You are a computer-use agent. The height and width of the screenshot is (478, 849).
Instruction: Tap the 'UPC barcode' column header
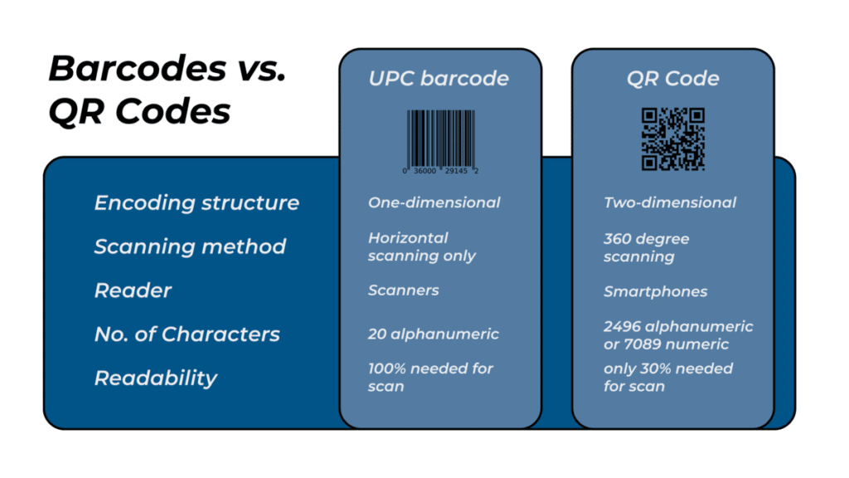(439, 79)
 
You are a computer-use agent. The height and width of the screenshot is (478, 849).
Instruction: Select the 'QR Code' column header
(672, 79)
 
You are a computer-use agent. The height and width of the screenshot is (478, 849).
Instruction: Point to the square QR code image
(672, 139)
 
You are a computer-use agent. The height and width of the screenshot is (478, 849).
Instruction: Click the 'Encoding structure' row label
(196, 202)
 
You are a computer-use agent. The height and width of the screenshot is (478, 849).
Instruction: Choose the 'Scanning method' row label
(190, 246)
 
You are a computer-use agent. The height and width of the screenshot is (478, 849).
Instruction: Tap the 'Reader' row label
(133, 290)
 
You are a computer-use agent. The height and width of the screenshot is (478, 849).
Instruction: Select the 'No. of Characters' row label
(187, 334)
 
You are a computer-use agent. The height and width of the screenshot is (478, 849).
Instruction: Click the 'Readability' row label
(156, 378)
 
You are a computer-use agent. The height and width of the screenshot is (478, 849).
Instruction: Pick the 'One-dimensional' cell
(434, 202)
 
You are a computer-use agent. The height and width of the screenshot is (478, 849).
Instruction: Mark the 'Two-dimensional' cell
(669, 202)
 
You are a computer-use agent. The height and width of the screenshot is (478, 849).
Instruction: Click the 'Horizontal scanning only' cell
(421, 246)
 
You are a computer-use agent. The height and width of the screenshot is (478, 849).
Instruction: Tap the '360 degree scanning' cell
(646, 247)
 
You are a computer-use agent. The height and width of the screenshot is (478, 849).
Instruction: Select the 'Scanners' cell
(403, 290)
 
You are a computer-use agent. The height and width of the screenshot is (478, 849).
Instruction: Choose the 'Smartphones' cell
(655, 291)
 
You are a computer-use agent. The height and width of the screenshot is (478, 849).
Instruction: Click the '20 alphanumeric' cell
(433, 334)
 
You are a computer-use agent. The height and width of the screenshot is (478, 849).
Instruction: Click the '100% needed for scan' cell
(430, 378)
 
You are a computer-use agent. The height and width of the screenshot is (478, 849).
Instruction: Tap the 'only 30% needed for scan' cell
(667, 378)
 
